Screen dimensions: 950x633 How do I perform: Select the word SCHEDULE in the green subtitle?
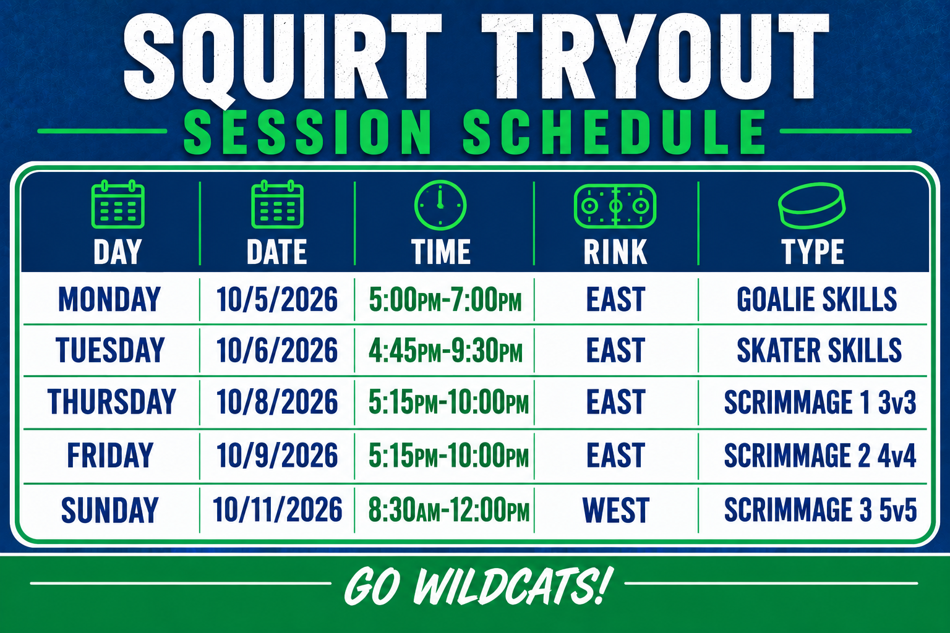pyautogui.click(x=614, y=132)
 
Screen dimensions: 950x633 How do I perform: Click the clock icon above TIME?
pyautogui.click(x=440, y=205)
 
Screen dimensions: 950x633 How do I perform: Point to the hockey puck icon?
pyautogui.click(x=811, y=206)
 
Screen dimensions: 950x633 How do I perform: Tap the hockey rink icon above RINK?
pyautogui.click(x=615, y=206)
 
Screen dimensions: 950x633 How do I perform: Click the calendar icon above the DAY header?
pyautogui.click(x=118, y=204)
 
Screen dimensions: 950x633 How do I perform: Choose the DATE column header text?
pyautogui.click(x=276, y=252)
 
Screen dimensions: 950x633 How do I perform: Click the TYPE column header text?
pyautogui.click(x=813, y=252)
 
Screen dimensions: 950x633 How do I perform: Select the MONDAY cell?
pyautogui.click(x=109, y=299)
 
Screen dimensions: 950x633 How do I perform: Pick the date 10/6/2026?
pyautogui.click(x=277, y=350)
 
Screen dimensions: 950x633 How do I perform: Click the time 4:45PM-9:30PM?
pyautogui.click(x=445, y=351)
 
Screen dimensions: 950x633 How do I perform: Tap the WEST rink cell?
pyautogui.click(x=616, y=510)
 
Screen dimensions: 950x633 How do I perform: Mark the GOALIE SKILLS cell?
pyautogui.click(x=817, y=299)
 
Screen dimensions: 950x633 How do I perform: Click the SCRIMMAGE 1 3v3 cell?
pyautogui.click(x=820, y=402)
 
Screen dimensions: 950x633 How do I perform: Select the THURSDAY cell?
pyautogui.click(x=111, y=402)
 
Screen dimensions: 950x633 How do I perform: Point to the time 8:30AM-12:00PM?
pyautogui.click(x=448, y=509)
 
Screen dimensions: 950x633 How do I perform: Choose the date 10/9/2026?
pyautogui.click(x=277, y=456)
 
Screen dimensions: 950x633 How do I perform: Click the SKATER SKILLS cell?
pyautogui.click(x=819, y=350)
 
